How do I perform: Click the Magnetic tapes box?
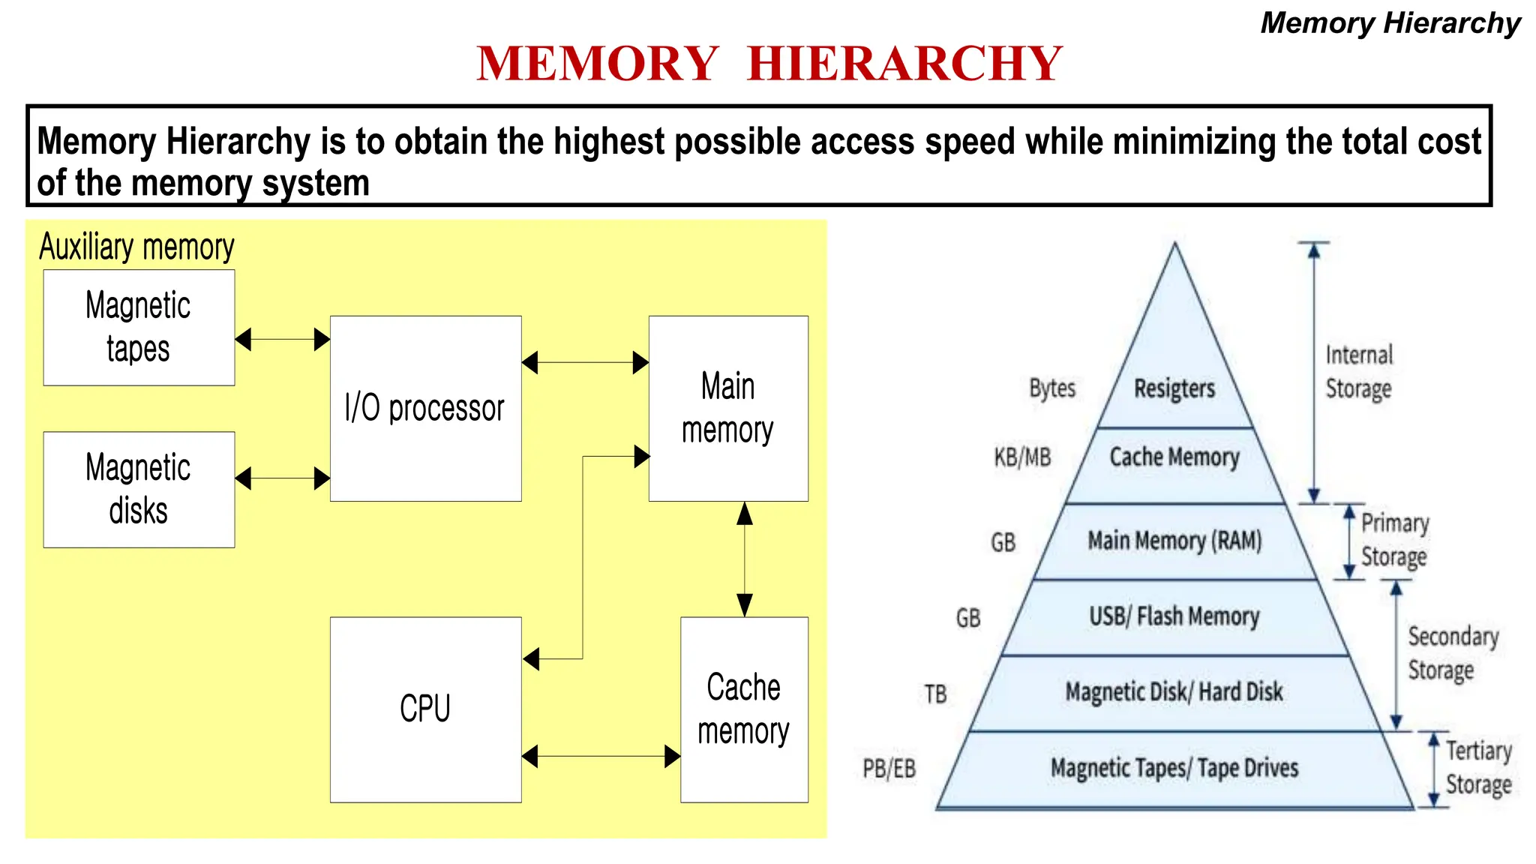[139, 328]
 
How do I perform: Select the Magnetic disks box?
[139, 489]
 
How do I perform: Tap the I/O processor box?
[425, 408]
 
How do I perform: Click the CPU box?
[425, 709]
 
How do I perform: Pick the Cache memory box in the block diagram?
[744, 709]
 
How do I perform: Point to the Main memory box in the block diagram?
[727, 408]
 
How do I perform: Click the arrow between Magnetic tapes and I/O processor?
[282, 340]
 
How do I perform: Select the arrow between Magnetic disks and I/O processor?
[282, 478]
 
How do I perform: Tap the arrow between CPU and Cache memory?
[601, 756]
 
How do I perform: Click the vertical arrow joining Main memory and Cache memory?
[745, 559]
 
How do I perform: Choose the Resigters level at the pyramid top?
[1174, 388]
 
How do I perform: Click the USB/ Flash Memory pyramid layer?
[1174, 616]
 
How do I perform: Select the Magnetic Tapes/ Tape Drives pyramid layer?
[1174, 768]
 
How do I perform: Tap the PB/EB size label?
[889, 769]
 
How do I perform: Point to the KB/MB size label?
[1023, 457]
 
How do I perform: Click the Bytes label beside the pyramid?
[1052, 388]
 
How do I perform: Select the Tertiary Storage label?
[1478, 767]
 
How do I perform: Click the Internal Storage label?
[1359, 372]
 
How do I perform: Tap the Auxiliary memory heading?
[136, 247]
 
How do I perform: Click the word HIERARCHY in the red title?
[905, 63]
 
